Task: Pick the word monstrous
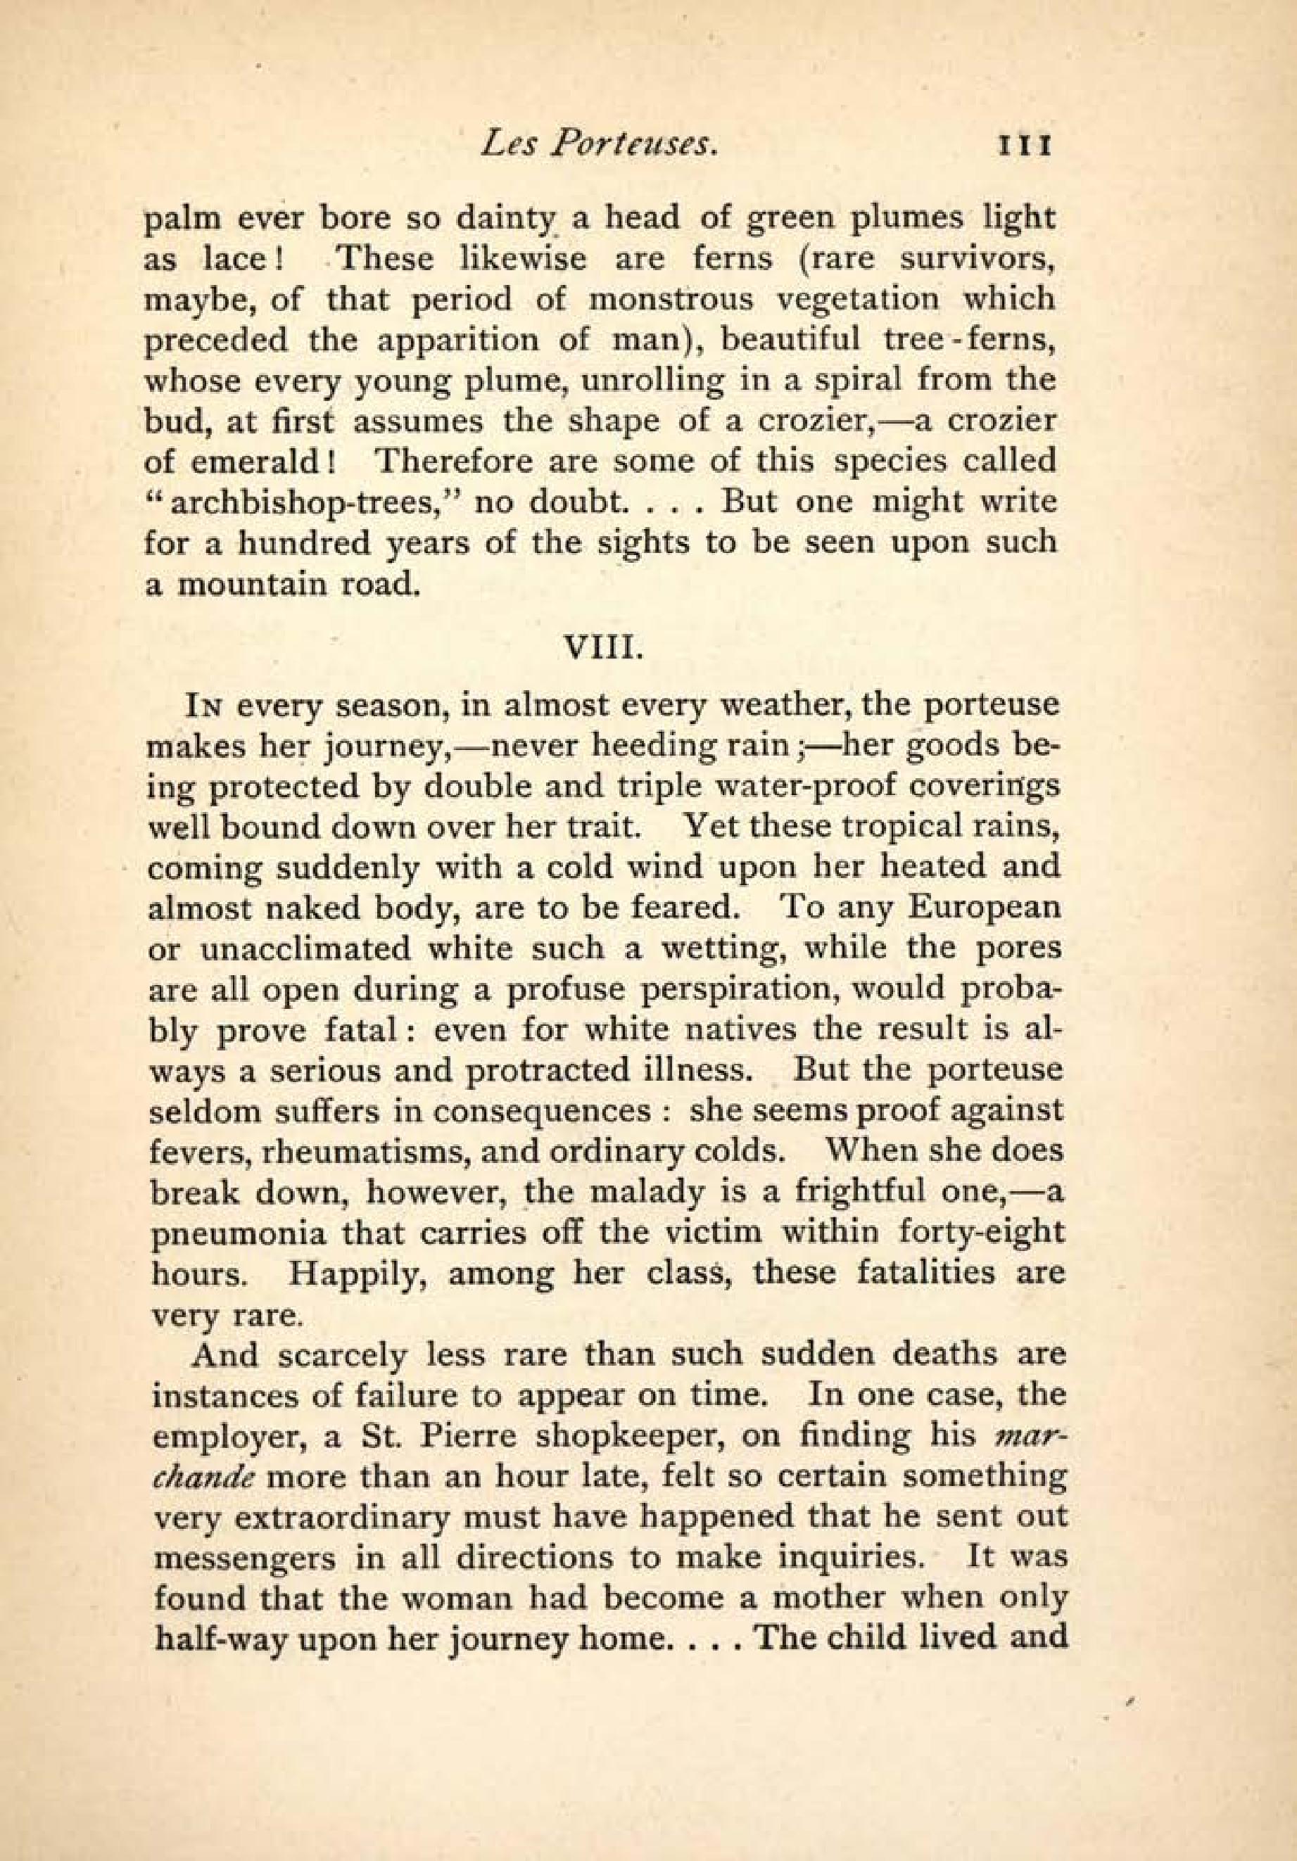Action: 669,300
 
